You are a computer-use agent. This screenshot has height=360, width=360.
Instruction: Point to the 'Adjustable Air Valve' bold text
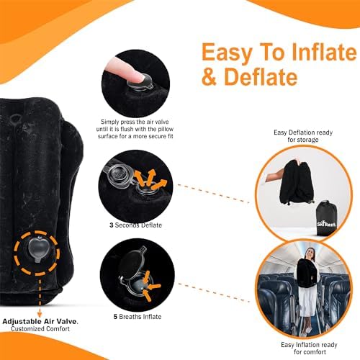[x=39, y=321]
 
